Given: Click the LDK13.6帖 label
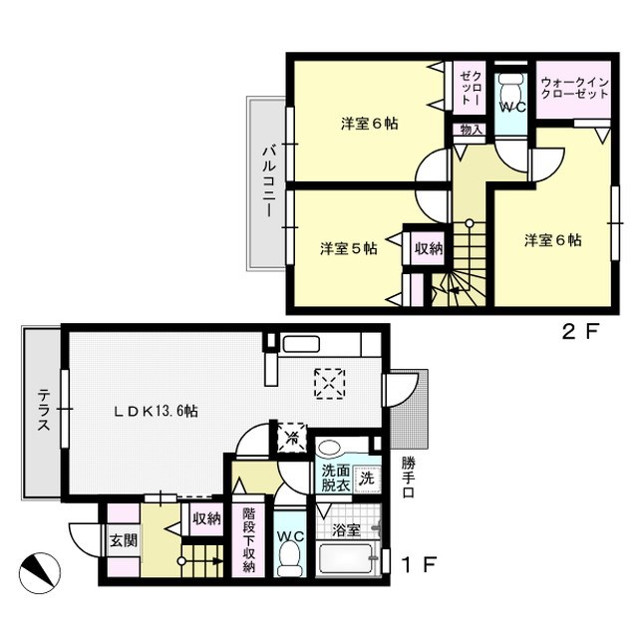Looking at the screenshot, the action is coord(156,412).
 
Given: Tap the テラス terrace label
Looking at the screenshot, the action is coord(44,410).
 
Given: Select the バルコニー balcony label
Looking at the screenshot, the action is coord(269,181).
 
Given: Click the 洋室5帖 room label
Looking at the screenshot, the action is coord(349,248).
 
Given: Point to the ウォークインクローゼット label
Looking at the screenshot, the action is coord(574,88).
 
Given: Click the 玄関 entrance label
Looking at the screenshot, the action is coord(124,541).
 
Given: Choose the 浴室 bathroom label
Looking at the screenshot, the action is coord(346,530).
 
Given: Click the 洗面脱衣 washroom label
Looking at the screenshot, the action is coord(336,478).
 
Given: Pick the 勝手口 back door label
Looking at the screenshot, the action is coord(408,478).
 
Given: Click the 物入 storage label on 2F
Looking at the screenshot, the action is coord(471,130).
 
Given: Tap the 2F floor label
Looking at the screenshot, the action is coord(581,332).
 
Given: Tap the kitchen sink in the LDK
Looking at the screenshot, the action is coord(301,344).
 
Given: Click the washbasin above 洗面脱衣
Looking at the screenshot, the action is coord(330,448).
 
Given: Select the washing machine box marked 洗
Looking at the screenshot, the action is coord(368,478).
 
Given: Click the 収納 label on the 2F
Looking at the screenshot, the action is coord(429,248).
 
